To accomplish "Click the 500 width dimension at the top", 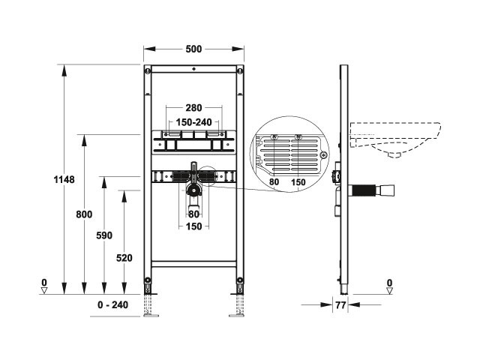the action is point(193,49).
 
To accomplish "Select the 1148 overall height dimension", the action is point(64,179).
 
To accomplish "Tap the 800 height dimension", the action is point(84,214).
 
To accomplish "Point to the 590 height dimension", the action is point(104,235).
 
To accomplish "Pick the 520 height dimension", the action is point(124,258).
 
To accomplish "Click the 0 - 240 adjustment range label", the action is point(113,305).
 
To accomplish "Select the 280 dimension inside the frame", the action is point(193,108).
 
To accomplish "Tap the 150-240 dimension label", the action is point(193,122).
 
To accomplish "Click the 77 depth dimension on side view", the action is point(340,305).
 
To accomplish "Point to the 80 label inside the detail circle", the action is point(274,181).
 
